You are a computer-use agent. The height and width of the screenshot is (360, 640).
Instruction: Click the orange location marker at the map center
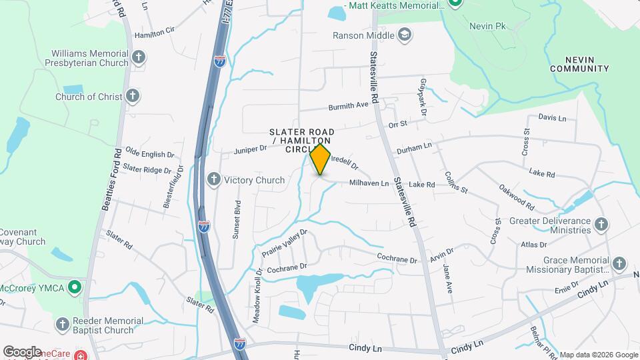click(321, 159)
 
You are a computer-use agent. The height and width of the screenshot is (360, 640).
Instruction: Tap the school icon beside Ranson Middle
click(405, 35)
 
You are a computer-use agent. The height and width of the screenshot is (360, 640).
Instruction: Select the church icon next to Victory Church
click(214, 179)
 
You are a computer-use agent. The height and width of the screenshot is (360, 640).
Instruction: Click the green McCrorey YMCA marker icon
click(75, 288)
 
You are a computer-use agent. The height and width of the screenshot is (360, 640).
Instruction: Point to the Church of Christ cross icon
click(133, 96)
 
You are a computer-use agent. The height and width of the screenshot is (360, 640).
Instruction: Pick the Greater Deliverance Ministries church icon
click(601, 225)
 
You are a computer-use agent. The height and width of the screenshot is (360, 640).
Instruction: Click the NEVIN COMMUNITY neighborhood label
click(579, 63)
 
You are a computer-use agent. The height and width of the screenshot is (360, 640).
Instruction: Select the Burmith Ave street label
click(348, 107)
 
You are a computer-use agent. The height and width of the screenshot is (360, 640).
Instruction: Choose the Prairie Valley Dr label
click(287, 241)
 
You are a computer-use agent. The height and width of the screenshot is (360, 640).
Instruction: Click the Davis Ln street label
click(551, 118)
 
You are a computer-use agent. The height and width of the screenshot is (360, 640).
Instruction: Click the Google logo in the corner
click(22, 351)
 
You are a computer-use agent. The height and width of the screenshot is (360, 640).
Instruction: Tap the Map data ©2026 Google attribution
click(599, 355)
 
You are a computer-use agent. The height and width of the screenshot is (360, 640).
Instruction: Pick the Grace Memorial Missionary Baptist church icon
click(619, 264)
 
